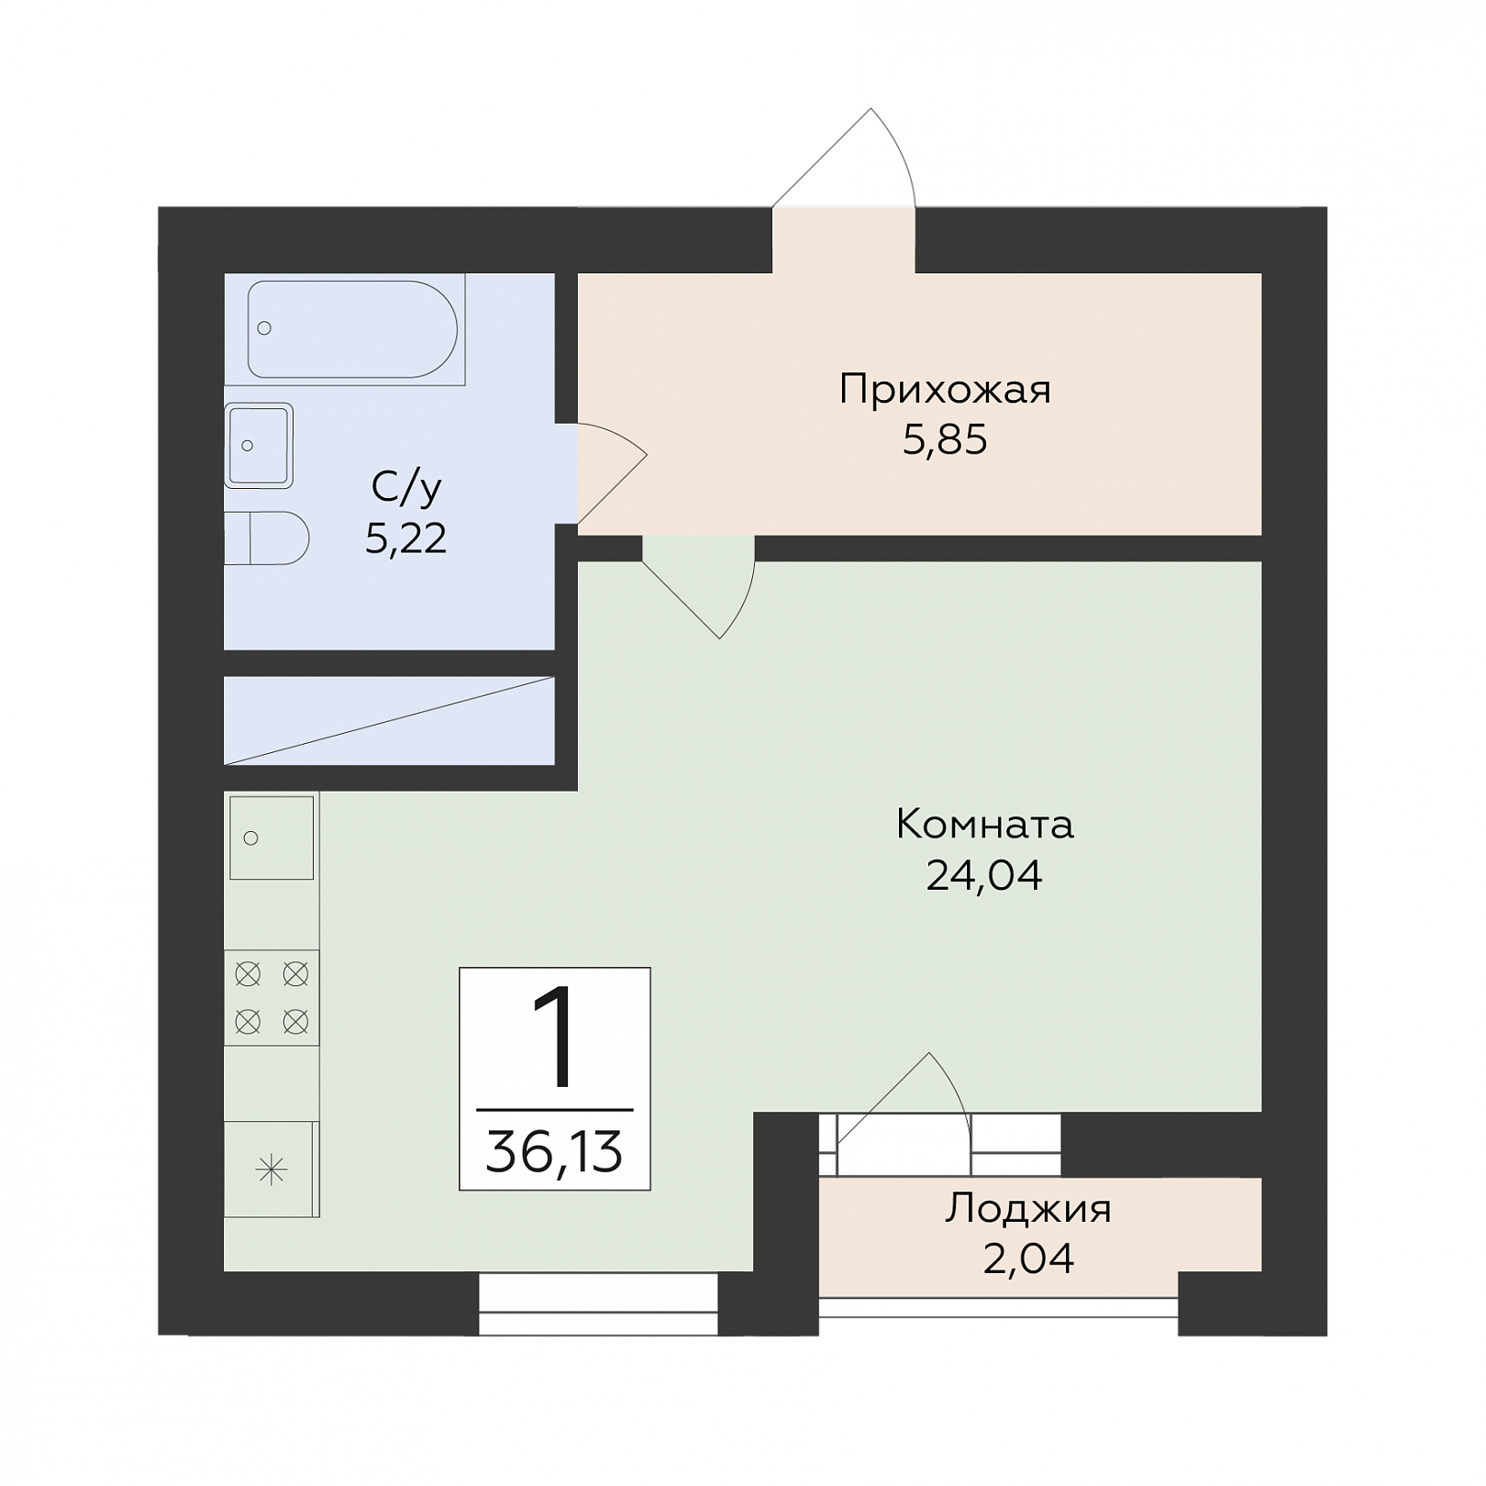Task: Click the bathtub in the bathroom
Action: pyautogui.click(x=352, y=328)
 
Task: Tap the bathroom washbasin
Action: pyautogui.click(x=259, y=446)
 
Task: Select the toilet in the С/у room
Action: pyautogui.click(x=266, y=538)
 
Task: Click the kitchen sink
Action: pyautogui.click(x=272, y=837)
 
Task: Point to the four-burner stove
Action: pyautogui.click(x=272, y=997)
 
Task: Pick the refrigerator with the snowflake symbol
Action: pyautogui.click(x=272, y=1170)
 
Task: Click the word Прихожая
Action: pyautogui.click(x=945, y=390)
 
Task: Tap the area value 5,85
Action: pyautogui.click(x=945, y=440)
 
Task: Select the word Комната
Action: pyautogui.click(x=984, y=825)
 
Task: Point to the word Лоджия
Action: pyautogui.click(x=1028, y=1209)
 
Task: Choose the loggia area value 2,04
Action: pyautogui.click(x=1028, y=1259)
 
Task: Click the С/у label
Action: pyautogui.click(x=406, y=488)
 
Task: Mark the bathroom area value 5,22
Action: pyautogui.click(x=406, y=538)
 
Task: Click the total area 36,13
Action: pyautogui.click(x=554, y=1152)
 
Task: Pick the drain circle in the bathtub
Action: pyautogui.click(x=265, y=327)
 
